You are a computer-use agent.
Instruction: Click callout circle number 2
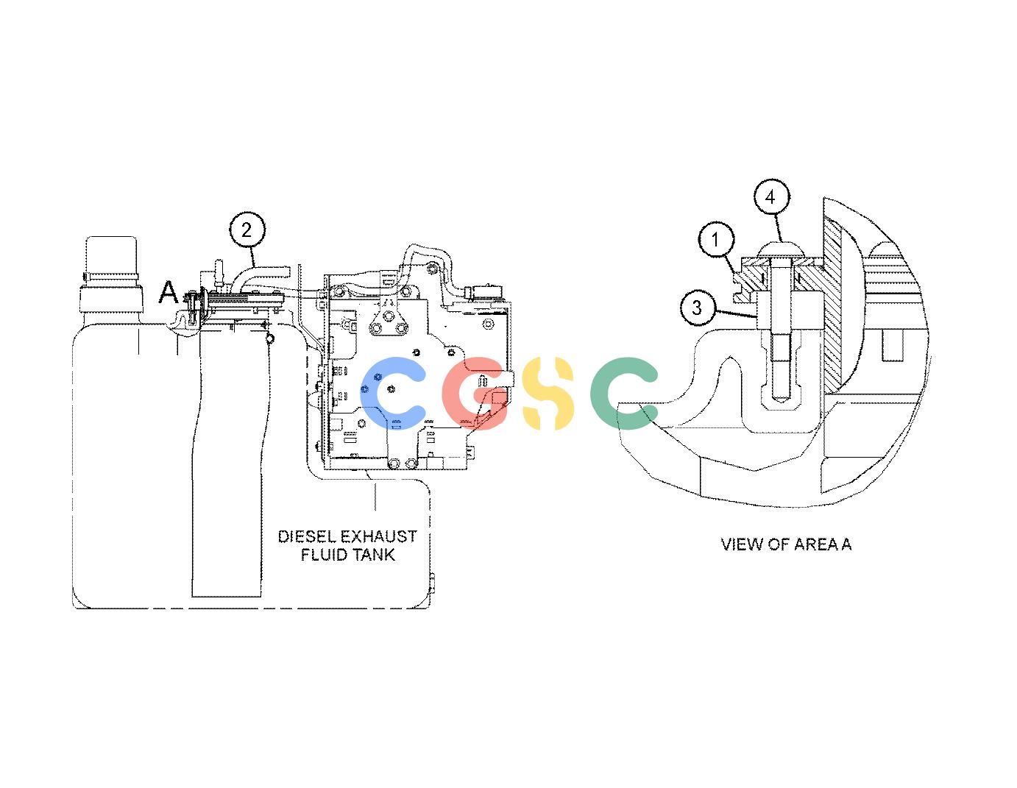point(247,230)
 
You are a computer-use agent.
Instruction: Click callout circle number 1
point(715,240)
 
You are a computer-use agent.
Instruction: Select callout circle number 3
point(697,308)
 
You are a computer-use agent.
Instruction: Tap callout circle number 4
point(771,197)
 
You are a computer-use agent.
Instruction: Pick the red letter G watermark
point(475,393)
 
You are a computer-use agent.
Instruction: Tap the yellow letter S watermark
point(548,393)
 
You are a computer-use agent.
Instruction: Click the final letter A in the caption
point(846,544)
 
